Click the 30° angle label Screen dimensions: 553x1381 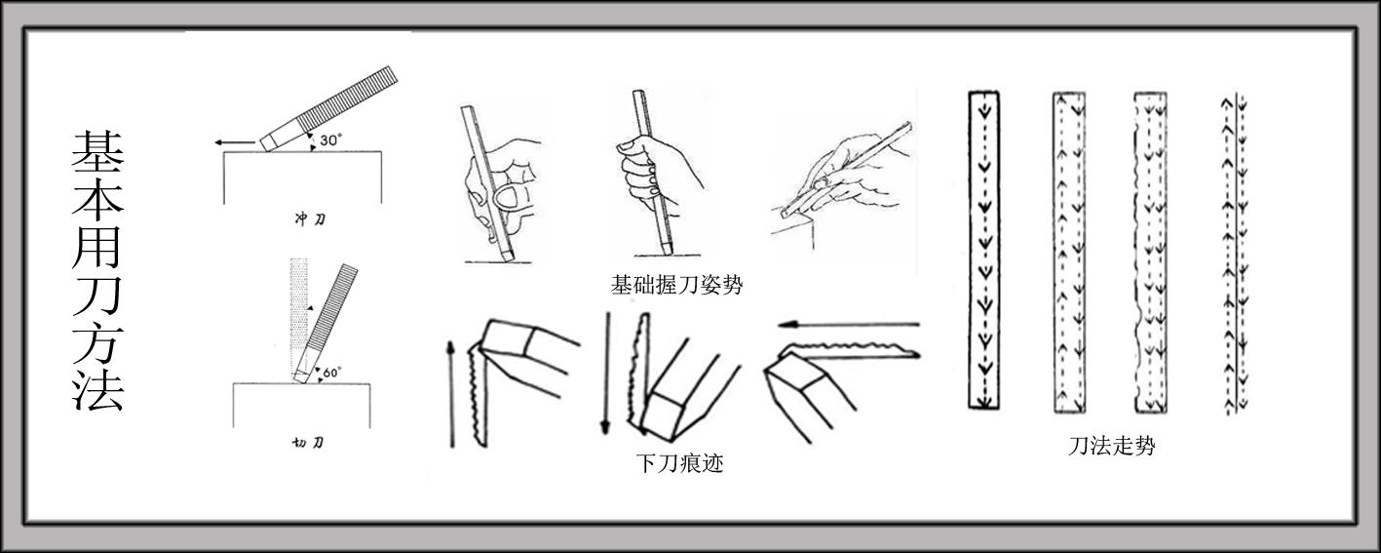click(x=330, y=139)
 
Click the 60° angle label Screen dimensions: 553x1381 click(x=330, y=372)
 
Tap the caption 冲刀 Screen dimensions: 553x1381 click(x=311, y=219)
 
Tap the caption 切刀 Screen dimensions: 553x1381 click(x=309, y=443)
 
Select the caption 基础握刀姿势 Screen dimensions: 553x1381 click(x=676, y=285)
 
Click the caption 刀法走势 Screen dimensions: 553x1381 click(x=1112, y=447)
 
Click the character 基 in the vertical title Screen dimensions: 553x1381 click(x=97, y=152)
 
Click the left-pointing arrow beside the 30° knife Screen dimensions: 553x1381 click(x=231, y=143)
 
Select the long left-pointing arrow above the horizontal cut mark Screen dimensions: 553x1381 click(x=853, y=324)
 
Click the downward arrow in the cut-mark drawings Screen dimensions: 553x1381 click(x=605, y=375)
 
